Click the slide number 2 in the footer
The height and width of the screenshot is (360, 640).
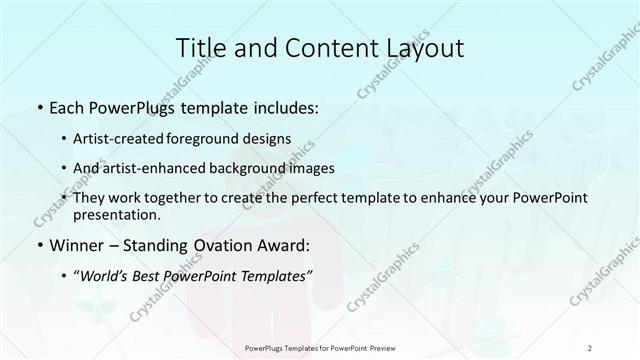(590, 348)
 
